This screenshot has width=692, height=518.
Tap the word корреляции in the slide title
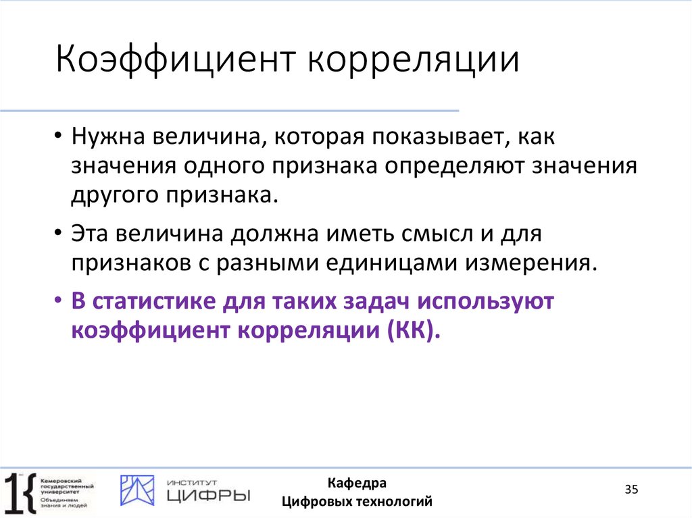coord(414,61)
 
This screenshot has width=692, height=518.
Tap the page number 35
coord(631,490)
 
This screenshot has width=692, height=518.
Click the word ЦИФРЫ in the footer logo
coord(207,496)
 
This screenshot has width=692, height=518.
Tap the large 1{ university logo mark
coord(20,492)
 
